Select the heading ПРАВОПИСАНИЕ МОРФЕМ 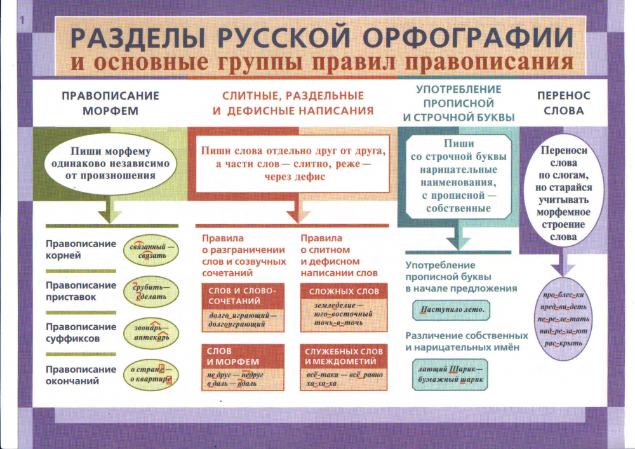click(x=110, y=102)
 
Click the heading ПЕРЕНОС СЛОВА click(x=563, y=102)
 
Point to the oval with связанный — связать click(x=151, y=250)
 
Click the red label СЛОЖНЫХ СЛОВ click(x=343, y=292)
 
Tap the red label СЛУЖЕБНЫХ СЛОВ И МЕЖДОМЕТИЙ click(x=343, y=356)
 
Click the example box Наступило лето click(x=451, y=311)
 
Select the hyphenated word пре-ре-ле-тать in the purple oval click(x=563, y=319)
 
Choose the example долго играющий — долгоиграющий click(x=242, y=319)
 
